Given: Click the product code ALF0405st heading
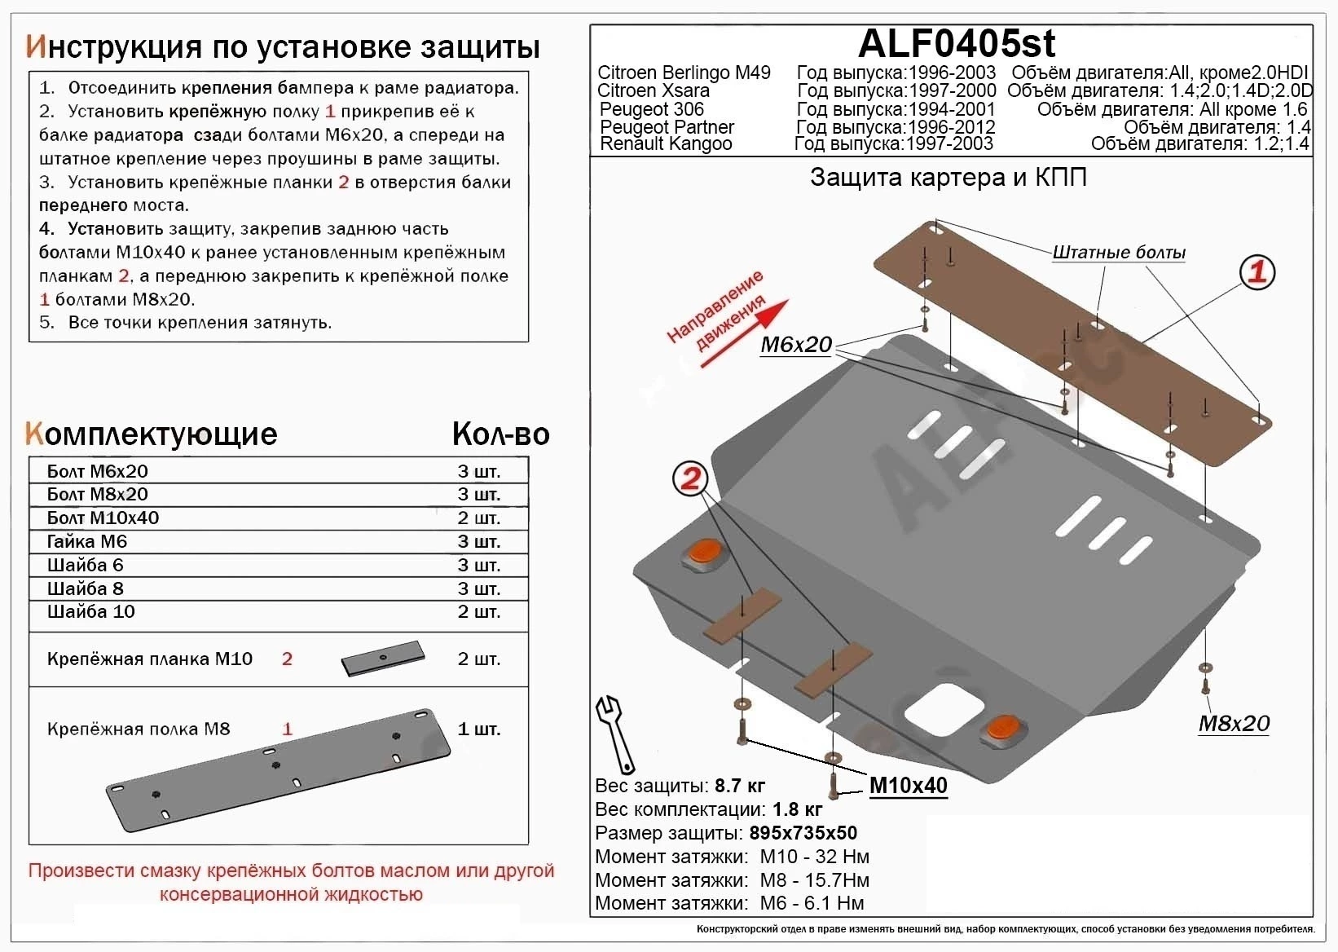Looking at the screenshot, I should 957,43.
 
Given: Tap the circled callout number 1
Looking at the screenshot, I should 1257,272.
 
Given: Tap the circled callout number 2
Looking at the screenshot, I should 690,478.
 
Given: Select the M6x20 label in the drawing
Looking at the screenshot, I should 796,345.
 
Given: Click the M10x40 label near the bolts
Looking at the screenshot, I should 908,786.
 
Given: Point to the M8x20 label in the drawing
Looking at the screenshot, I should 1234,723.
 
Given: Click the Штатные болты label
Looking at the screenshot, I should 1118,253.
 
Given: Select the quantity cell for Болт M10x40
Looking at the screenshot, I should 479,518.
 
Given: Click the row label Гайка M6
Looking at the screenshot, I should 87,542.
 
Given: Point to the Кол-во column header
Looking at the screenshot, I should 500,434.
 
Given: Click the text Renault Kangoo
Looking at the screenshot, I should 666,144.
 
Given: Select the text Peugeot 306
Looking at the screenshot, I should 651,109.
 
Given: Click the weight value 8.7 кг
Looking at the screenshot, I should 739,787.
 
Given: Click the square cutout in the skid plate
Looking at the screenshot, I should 944,706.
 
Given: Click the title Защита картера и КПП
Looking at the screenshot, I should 948,178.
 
